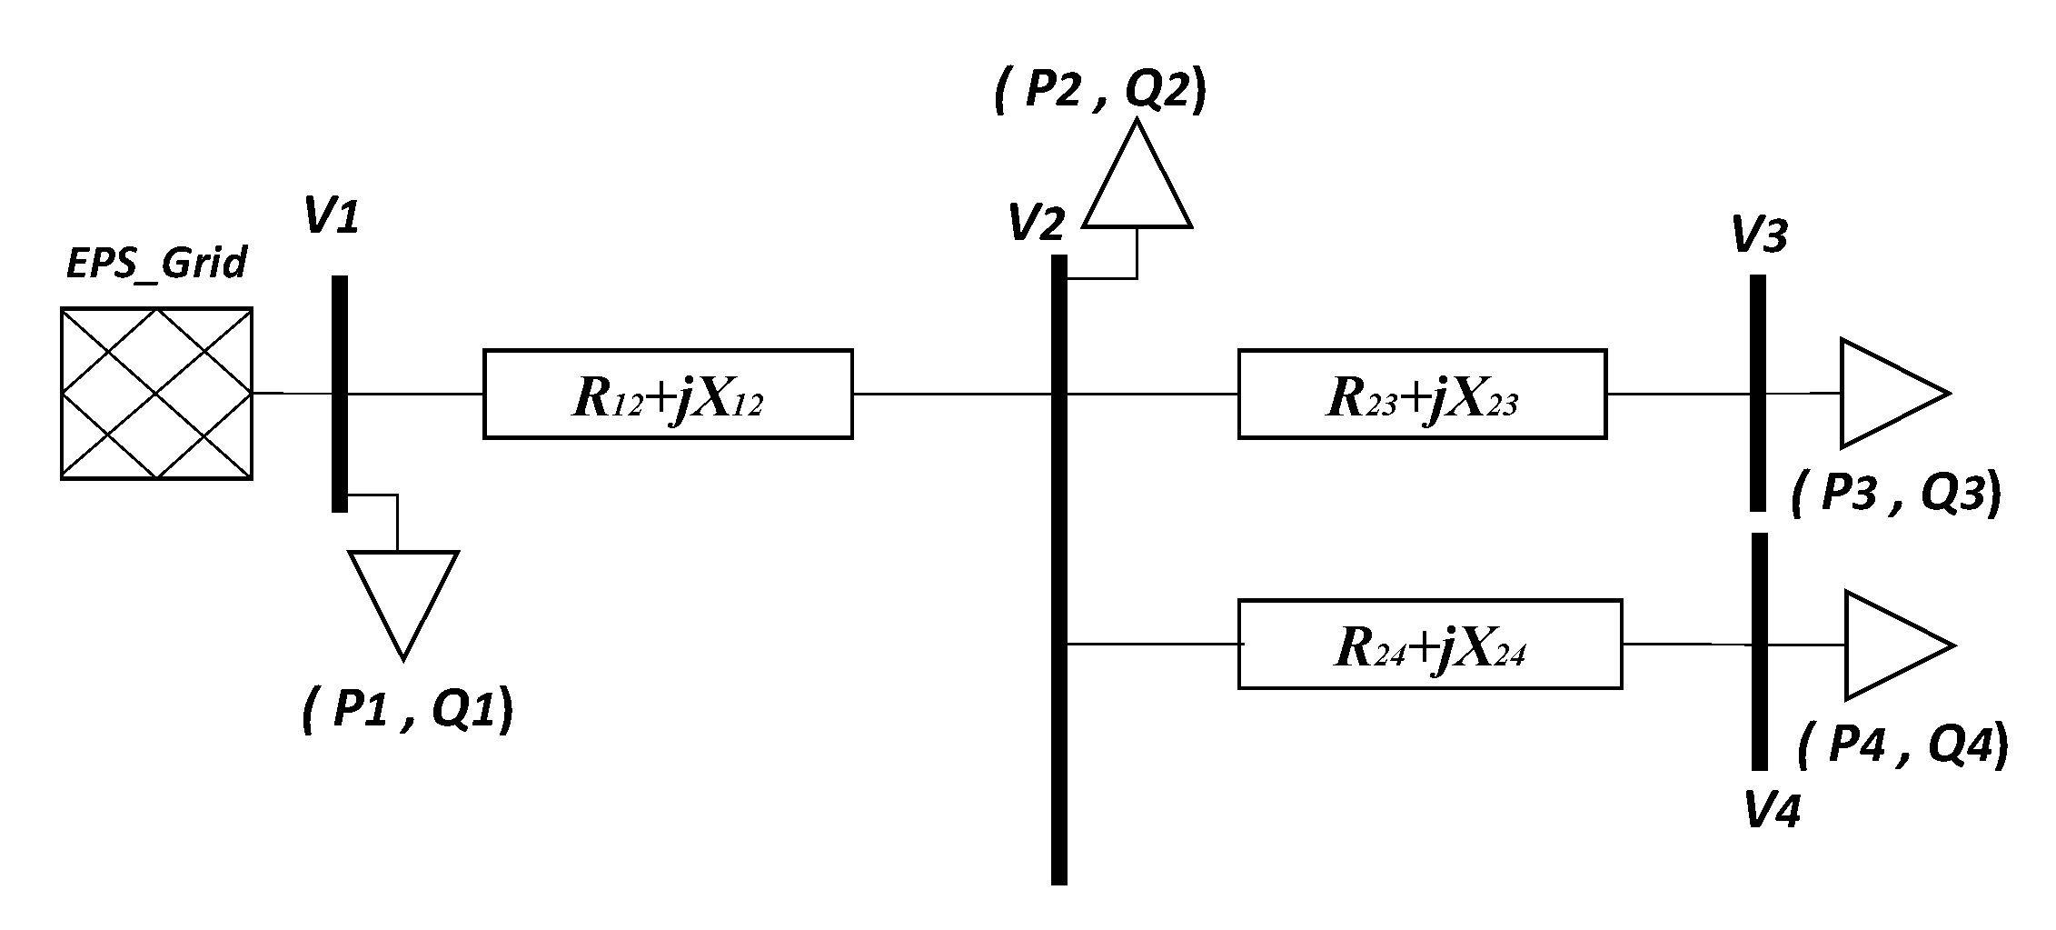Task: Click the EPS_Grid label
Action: (157, 264)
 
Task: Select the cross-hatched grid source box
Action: (156, 394)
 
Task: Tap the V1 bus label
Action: (332, 218)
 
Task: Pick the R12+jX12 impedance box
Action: (668, 394)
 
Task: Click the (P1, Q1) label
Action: (407, 711)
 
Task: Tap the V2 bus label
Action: (1037, 224)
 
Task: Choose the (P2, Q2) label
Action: (1100, 94)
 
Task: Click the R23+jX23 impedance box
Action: (1422, 394)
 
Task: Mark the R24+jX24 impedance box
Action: (1430, 645)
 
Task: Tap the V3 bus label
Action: (1760, 236)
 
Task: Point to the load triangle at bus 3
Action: (1884, 394)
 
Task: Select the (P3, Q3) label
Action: (1896, 496)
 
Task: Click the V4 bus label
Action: (1773, 810)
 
